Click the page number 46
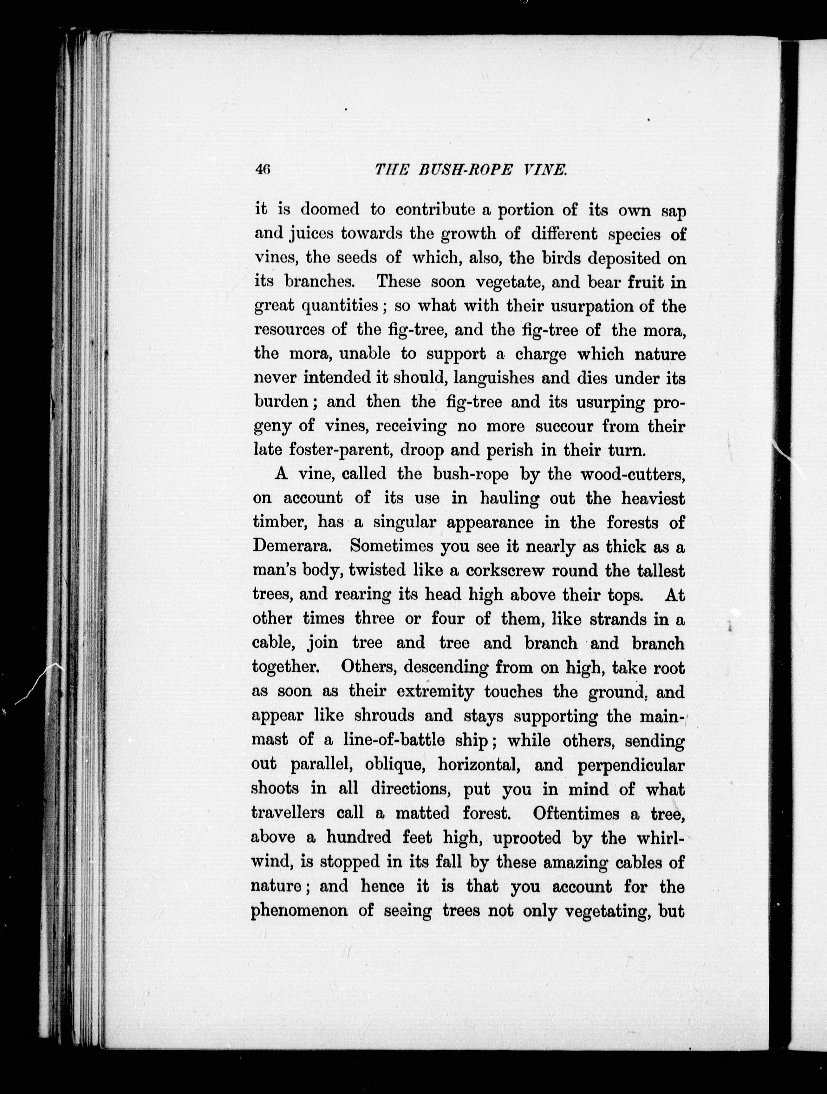[262, 170]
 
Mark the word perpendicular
[630, 765]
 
